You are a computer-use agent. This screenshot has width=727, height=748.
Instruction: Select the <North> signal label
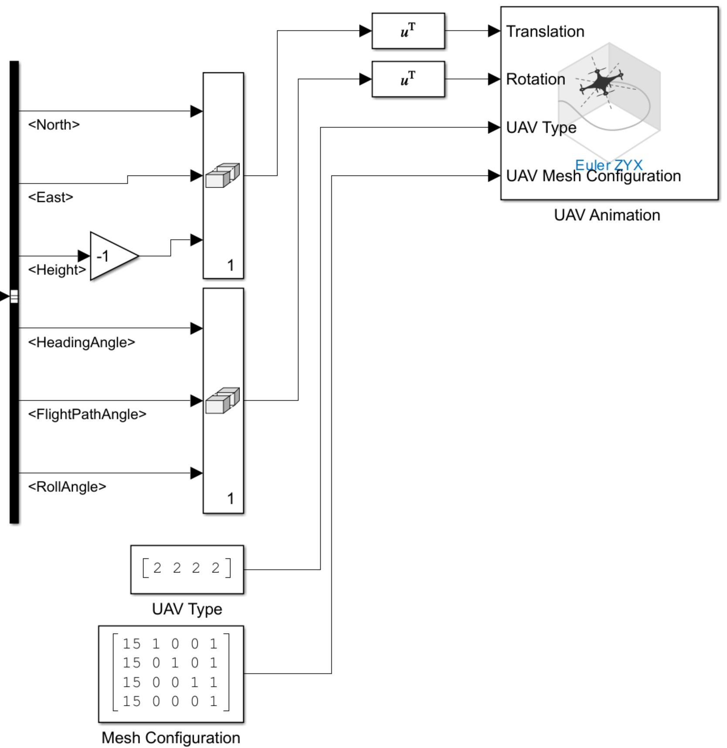pos(54,125)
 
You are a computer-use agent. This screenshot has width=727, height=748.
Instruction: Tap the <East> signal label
pos(51,197)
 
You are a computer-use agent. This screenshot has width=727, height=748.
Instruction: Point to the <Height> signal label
pos(57,270)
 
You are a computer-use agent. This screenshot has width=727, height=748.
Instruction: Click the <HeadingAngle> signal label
pos(82,342)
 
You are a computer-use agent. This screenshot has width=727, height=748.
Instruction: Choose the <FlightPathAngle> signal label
pos(87,414)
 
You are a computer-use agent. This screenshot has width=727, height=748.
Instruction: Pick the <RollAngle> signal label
pos(67,487)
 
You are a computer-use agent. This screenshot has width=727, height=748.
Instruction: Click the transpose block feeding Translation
pos(408,31)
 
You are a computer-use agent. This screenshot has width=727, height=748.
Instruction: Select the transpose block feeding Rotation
pos(408,79)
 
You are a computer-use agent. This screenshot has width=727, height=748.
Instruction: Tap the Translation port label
pos(545,32)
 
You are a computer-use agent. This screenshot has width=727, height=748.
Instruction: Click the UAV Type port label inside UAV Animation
pos(541,128)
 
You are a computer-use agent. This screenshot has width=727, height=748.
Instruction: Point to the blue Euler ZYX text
pos(608,165)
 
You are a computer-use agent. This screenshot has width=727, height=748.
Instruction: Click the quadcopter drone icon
pos(601,82)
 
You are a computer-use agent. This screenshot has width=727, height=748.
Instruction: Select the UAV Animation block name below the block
pos(607,215)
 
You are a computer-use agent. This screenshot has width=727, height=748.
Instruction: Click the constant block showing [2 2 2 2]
pos(187,569)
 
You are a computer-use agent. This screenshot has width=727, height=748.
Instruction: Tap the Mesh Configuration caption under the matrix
pos(171,738)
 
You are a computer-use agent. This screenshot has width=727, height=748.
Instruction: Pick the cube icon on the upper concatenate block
pos(223,175)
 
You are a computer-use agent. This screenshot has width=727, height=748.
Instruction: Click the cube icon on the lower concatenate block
pos(223,400)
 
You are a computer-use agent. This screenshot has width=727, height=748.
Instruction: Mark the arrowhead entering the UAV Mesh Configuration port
pos(494,176)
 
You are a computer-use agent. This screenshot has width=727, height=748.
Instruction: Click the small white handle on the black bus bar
pos(14,296)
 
